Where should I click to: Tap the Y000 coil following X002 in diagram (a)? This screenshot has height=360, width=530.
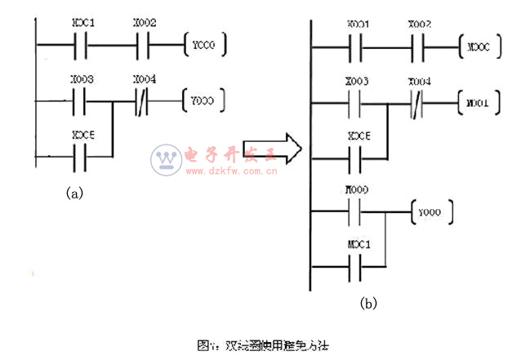[205, 41]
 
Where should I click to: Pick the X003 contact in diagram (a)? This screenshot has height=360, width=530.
[83, 102]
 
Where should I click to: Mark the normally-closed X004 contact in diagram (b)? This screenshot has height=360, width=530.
[419, 104]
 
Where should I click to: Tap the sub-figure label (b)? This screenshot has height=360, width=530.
[368, 304]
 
